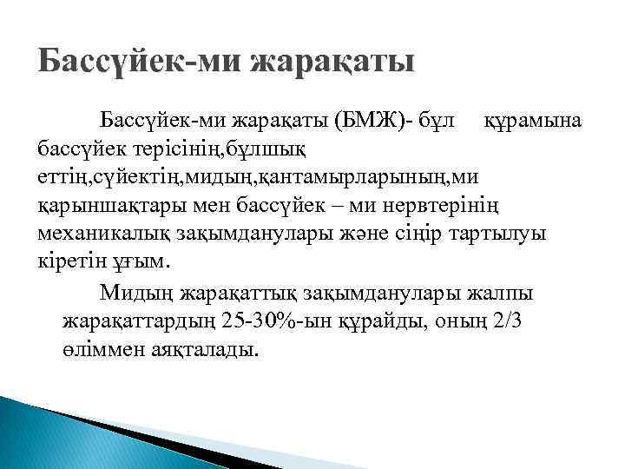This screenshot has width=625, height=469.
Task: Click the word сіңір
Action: [415, 236]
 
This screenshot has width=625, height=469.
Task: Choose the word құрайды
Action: [388, 321]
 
